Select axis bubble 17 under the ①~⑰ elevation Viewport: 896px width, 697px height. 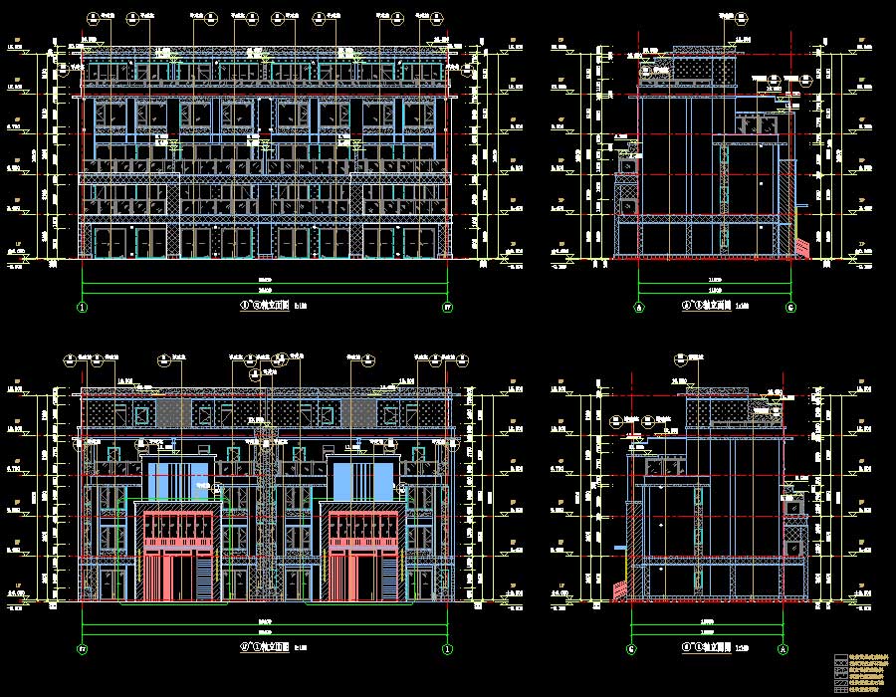click(447, 308)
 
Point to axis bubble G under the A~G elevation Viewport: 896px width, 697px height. click(791, 308)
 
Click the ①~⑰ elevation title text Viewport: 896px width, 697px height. click(261, 307)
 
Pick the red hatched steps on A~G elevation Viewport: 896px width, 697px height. click(800, 245)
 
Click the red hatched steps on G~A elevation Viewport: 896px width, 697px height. click(622, 588)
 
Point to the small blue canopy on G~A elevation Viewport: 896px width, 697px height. click(619, 547)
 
